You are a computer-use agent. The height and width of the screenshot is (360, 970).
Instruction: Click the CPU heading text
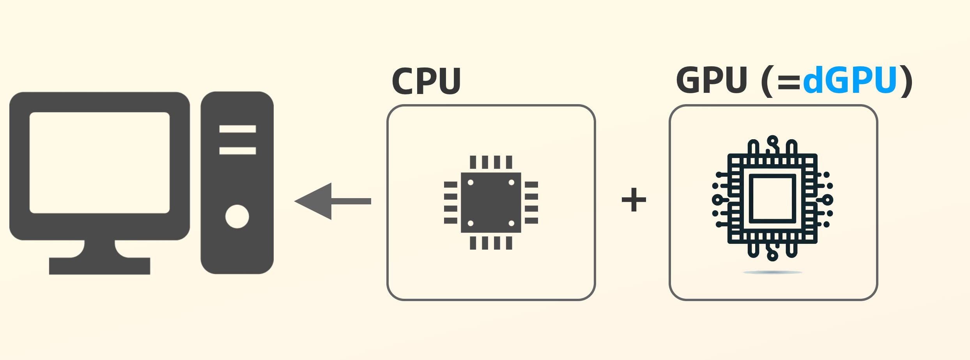coord(426,81)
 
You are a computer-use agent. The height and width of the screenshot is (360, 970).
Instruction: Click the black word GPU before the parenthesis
coord(712,80)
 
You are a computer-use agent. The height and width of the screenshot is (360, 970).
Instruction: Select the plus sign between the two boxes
coord(634,200)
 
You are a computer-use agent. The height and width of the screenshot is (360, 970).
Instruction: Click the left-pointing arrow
coord(333,201)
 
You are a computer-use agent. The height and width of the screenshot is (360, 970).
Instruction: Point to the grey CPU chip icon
coord(491,202)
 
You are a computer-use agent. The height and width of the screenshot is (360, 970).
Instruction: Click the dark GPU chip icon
coord(772,199)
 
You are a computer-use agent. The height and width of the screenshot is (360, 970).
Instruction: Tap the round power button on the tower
coord(237,216)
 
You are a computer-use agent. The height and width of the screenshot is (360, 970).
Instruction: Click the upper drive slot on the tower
coord(237,129)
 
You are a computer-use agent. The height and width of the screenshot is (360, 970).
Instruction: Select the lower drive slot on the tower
coord(237,151)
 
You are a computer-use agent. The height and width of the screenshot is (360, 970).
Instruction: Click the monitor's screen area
coord(100,163)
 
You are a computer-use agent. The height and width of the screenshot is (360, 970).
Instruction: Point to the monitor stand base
coord(99,266)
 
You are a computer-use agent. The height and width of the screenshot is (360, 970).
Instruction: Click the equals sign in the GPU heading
coord(789,83)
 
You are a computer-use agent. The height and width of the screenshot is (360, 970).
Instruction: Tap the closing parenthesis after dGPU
coord(907,81)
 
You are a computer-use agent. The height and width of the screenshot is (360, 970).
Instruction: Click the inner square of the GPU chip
coord(772,199)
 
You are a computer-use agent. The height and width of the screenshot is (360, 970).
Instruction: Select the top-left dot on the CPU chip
coord(471,183)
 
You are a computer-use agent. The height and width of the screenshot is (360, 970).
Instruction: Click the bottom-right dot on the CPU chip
coord(512,223)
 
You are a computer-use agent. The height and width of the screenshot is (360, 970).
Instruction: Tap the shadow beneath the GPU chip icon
coord(772,272)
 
